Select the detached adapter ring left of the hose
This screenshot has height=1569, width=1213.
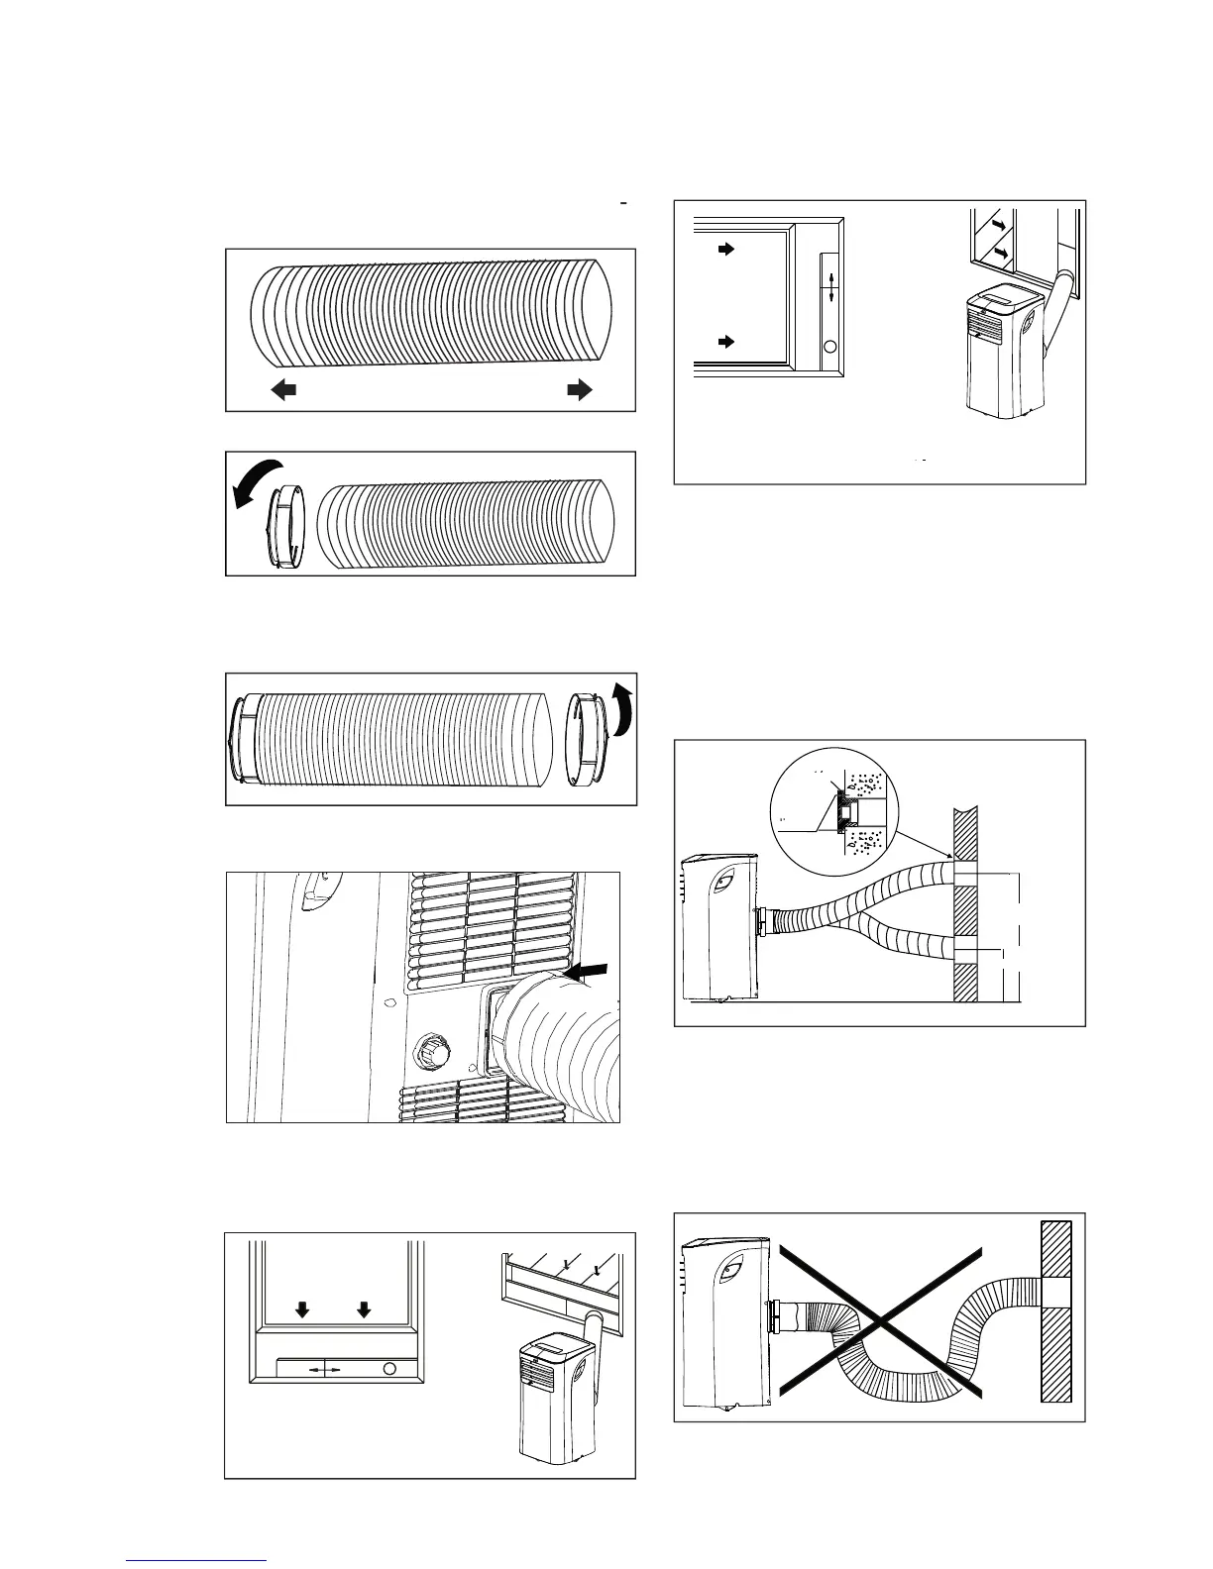pyautogui.click(x=284, y=527)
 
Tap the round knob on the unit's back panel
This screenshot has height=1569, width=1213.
pyautogui.click(x=433, y=1051)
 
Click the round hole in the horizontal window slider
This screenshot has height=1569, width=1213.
pyautogui.click(x=389, y=1368)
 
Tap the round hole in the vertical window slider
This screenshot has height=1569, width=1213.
pyautogui.click(x=830, y=348)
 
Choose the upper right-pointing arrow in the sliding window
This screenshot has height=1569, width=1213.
pyautogui.click(x=726, y=250)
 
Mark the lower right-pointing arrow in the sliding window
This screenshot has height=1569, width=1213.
pyautogui.click(x=726, y=342)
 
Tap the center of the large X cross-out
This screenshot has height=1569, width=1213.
pyautogui.click(x=878, y=1318)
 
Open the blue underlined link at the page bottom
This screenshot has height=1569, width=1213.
pyautogui.click(x=196, y=1560)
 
